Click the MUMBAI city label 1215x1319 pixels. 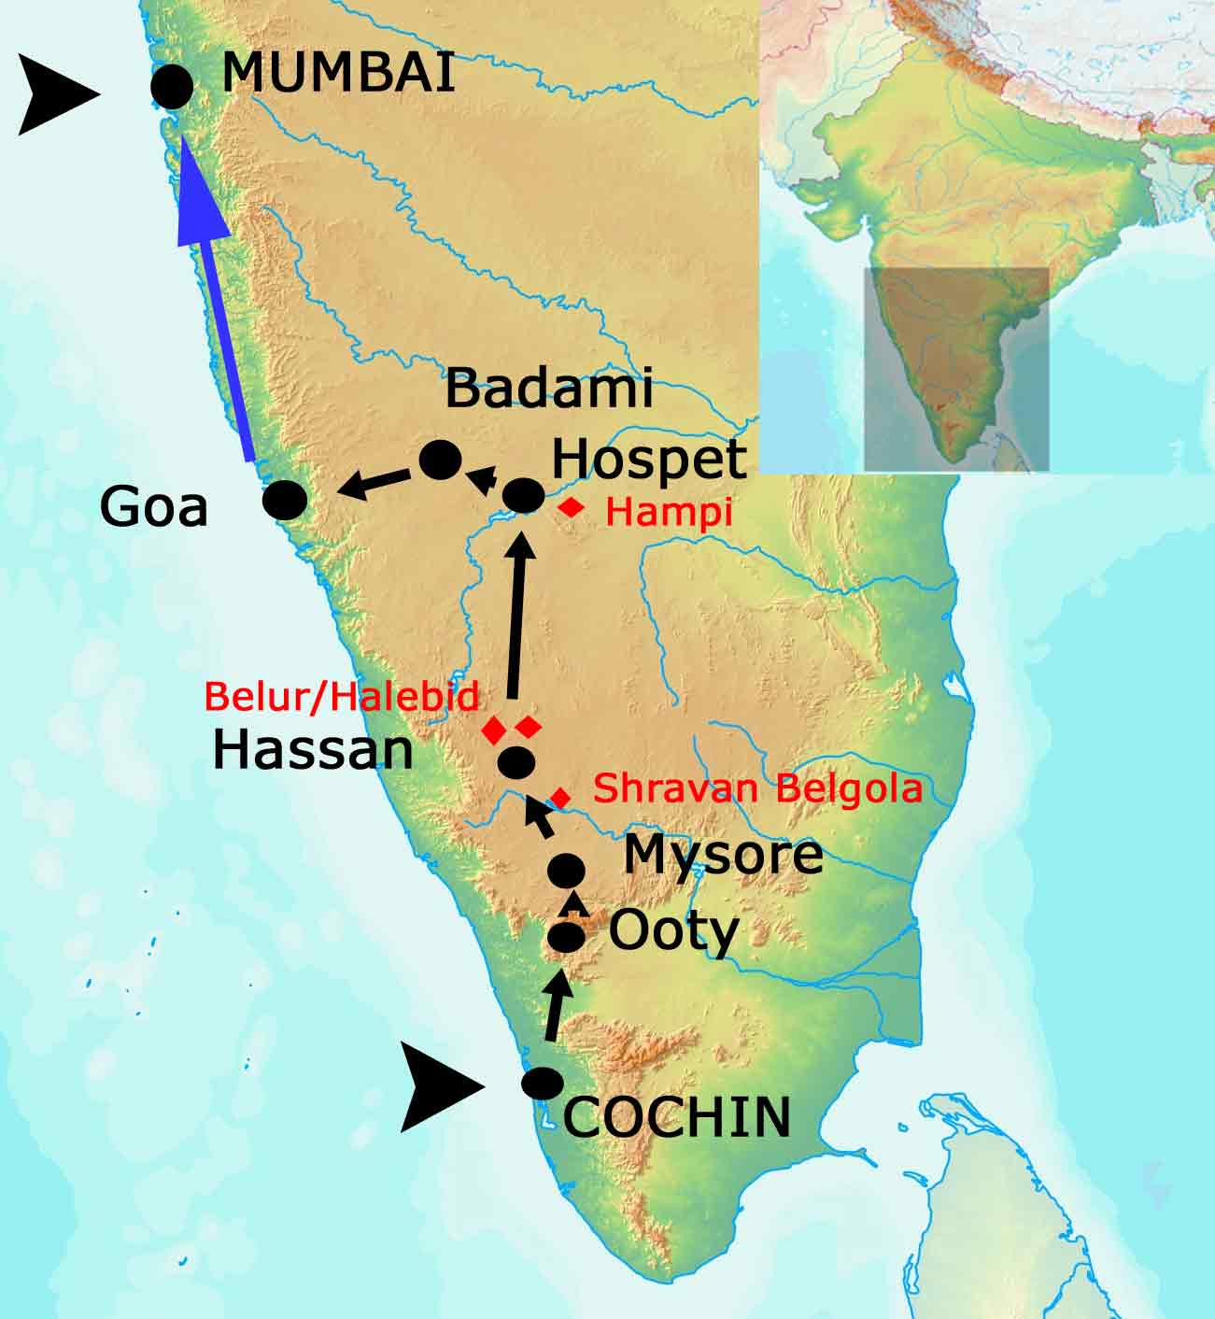pyautogui.click(x=338, y=72)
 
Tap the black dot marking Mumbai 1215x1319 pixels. pyautogui.click(x=172, y=86)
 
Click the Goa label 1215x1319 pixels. pyautogui.click(x=154, y=508)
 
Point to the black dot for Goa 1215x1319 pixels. pyautogui.click(x=285, y=500)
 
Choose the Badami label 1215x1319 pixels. pyautogui.click(x=548, y=389)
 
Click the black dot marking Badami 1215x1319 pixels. pyautogui.click(x=440, y=460)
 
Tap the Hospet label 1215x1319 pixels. pyautogui.click(x=649, y=460)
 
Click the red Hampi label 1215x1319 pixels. pyautogui.click(x=669, y=512)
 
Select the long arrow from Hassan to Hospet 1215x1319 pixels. pyautogui.click(x=516, y=617)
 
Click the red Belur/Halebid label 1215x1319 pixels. pyautogui.click(x=343, y=696)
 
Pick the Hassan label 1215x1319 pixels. pyautogui.click(x=313, y=750)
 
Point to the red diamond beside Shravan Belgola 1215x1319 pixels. pyautogui.click(x=559, y=797)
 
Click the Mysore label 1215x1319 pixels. pyautogui.click(x=723, y=854)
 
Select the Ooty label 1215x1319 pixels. pyautogui.click(x=673, y=930)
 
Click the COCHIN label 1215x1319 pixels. pyautogui.click(x=677, y=1116)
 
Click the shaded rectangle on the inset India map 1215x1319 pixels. pyautogui.click(x=955, y=369)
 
